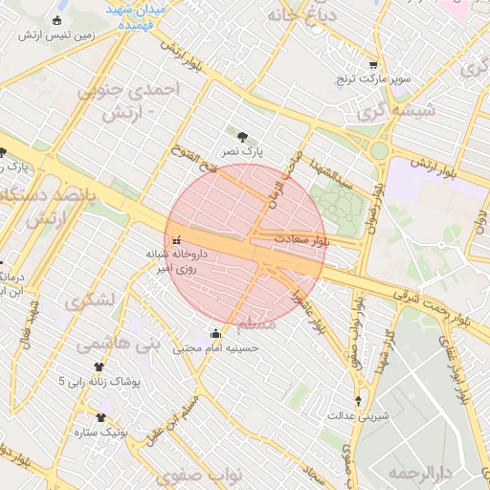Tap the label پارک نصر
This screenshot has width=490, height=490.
242,151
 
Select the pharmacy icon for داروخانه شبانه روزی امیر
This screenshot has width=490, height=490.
176,239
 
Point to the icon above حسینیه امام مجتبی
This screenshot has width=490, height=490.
215,334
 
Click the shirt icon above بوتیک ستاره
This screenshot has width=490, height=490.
102,417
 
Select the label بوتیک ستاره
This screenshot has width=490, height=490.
102,432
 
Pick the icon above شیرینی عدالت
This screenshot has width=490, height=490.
359,401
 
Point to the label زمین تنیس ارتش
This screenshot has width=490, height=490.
70,34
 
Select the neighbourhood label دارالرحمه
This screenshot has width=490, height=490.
417,473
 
